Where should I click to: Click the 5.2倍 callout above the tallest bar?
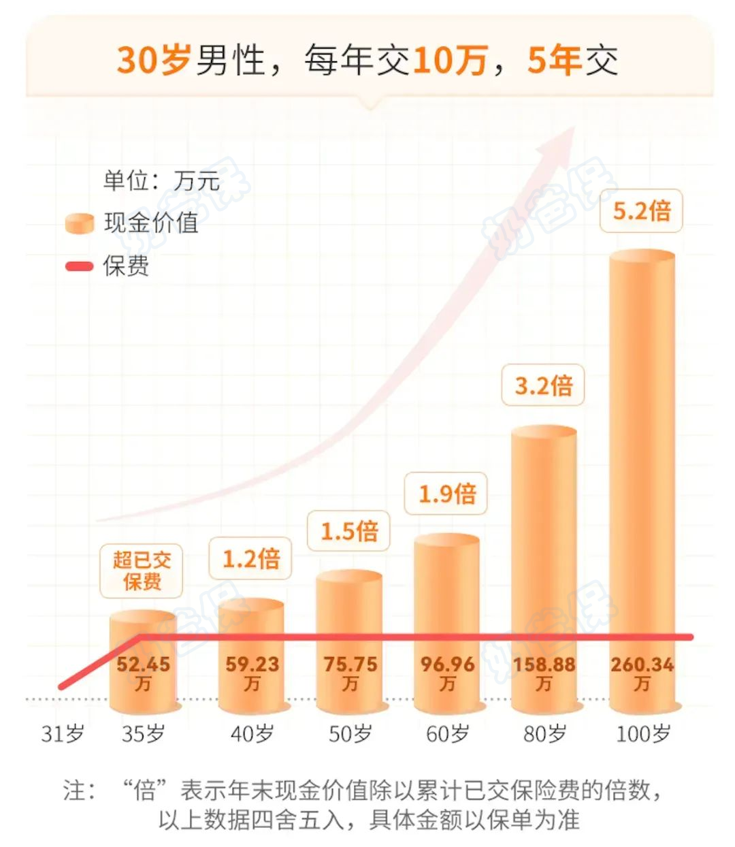tap(641, 210)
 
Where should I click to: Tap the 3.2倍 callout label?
tap(543, 386)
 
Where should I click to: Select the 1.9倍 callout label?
tap(446, 494)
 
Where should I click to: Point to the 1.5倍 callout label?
tap(348, 531)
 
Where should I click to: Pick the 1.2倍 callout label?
tap(251, 559)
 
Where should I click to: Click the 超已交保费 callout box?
tap(142, 571)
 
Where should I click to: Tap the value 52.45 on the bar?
tap(143, 665)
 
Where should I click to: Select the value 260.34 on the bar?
tap(642, 665)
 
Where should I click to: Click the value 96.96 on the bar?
tap(446, 665)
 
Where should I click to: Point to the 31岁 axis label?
tap(63, 734)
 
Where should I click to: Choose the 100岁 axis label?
tap(643, 734)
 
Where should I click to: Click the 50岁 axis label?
tap(350, 734)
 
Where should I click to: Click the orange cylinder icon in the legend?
tap(79, 223)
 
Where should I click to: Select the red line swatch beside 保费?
tap(79, 266)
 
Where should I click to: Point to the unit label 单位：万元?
tap(161, 181)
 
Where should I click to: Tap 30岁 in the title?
tap(153, 60)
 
